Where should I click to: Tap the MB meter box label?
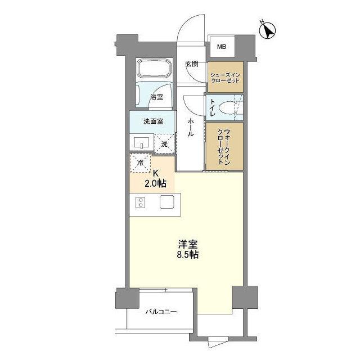[222, 46]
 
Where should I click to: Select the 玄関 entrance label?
[191, 64]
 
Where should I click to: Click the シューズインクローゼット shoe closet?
[225, 77]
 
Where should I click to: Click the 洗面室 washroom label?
[152, 121]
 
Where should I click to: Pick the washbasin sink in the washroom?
[142, 143]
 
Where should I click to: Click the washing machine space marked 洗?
[165, 143]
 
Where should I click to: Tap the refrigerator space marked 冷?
[141, 163]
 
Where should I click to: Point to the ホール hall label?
[191, 128]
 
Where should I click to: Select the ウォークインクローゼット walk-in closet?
[224, 146]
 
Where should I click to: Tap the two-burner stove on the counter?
[140, 202]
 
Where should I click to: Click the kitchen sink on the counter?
[167, 202]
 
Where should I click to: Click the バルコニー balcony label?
[161, 311]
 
